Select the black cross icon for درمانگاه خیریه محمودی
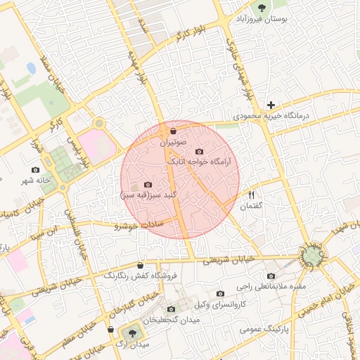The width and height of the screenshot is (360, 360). pyautogui.click(x=271, y=105)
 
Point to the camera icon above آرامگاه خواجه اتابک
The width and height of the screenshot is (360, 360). pyautogui.click(x=199, y=152)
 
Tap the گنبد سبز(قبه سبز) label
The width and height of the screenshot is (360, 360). pyautogui.click(x=148, y=194)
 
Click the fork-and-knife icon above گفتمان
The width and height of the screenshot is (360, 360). pyautogui.click(x=250, y=194)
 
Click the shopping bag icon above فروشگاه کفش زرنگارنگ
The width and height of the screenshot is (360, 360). pyautogui.click(x=141, y=265)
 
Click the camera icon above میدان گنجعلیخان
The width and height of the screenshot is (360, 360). pyautogui.click(x=171, y=309)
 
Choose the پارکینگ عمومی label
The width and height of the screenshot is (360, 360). pyautogui.click(x=260, y=328)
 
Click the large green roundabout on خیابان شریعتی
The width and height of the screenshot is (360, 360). pyautogui.click(x=311, y=255)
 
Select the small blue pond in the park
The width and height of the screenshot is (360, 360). pyautogui.click(x=31, y=69)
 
